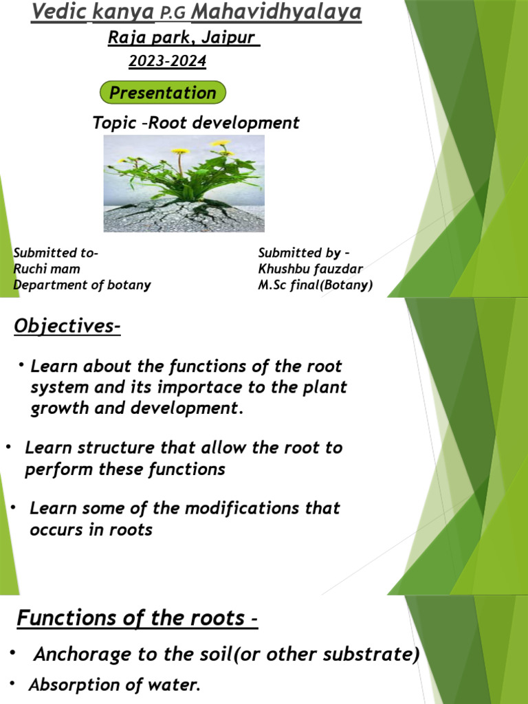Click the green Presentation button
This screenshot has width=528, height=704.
163,93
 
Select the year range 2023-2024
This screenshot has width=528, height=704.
167,61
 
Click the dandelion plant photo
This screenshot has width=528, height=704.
184,183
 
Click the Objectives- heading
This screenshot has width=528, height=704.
67,326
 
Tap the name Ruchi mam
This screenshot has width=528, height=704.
47,269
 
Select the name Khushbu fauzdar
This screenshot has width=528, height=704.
310,269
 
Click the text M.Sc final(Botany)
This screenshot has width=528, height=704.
315,285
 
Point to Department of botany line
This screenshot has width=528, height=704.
82,285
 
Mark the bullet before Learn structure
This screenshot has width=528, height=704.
8,448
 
